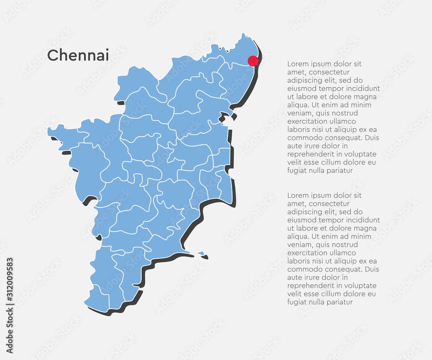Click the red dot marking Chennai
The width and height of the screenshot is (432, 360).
point(253,61)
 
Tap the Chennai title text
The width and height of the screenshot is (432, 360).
point(78,55)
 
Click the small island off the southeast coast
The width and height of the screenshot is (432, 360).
point(201,253)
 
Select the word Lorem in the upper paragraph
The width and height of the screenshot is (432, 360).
point(297,64)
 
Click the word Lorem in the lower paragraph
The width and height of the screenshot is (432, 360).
point(297,195)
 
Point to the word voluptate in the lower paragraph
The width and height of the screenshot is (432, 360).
point(361,286)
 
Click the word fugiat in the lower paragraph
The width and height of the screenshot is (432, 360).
point(297,302)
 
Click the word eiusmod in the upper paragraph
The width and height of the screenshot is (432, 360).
point(302,89)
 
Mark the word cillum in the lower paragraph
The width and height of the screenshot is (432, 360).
point(334,294)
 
